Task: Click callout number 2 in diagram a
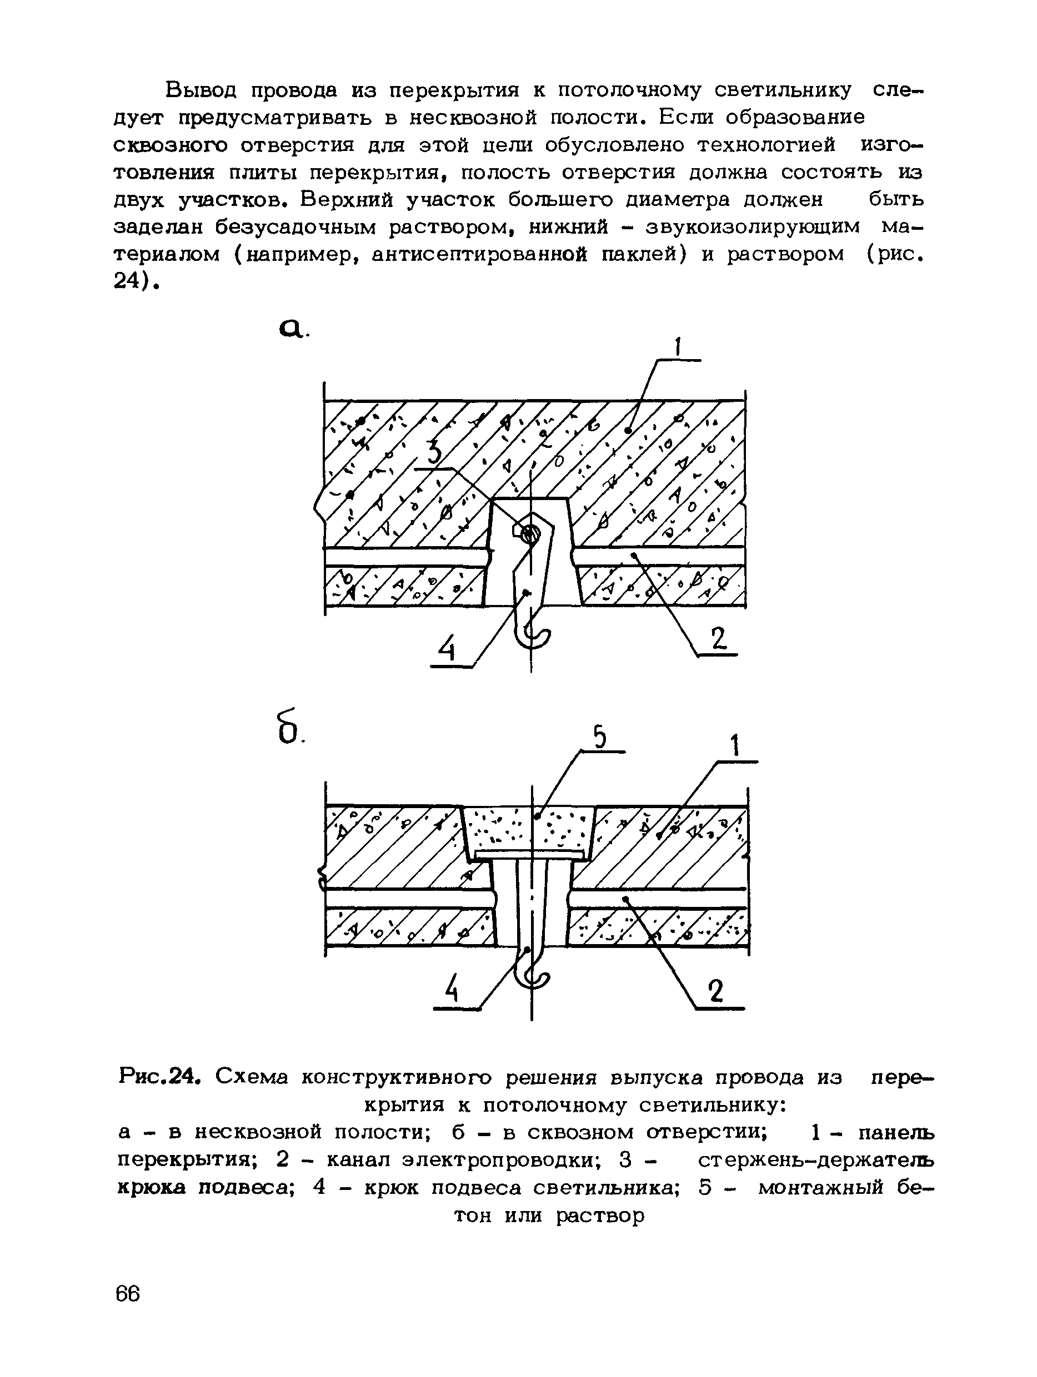tap(719, 639)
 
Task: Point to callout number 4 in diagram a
tap(447, 651)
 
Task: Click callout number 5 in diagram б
tap(599, 738)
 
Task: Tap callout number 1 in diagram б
tap(735, 746)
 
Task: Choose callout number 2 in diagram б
tap(717, 991)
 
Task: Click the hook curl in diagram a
tap(537, 635)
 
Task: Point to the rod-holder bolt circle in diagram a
tap(529, 533)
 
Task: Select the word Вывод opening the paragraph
tap(201, 90)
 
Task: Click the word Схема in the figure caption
tap(252, 1076)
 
